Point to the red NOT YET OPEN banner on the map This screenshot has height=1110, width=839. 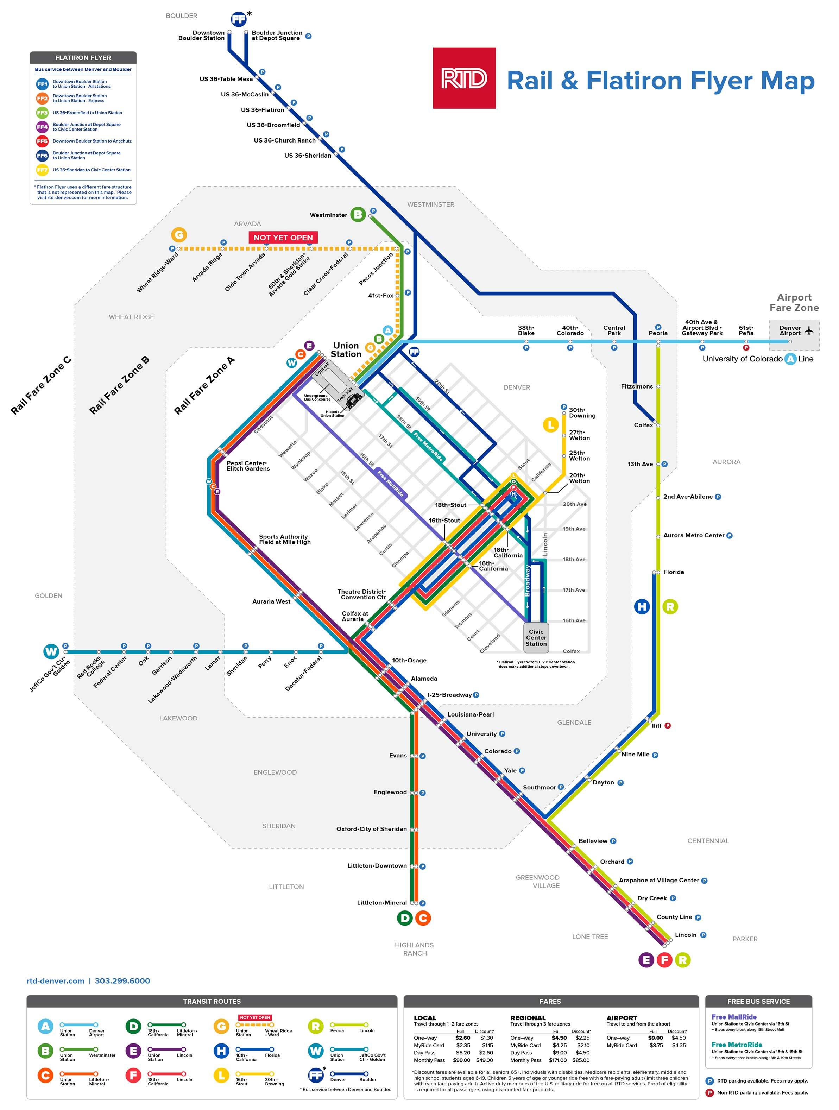283,237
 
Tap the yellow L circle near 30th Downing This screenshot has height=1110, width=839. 550,424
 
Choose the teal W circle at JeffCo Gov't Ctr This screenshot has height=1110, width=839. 51,651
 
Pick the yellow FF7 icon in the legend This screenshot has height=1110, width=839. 42,170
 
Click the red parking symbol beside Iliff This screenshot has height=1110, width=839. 667,726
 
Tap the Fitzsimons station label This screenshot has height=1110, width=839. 636,386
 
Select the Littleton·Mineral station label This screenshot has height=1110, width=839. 381,903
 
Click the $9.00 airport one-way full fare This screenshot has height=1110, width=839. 655,1038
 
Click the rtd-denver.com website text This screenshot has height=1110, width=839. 55,981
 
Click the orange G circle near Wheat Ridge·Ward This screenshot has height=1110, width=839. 179,234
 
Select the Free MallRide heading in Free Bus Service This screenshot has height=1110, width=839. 734,1017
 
